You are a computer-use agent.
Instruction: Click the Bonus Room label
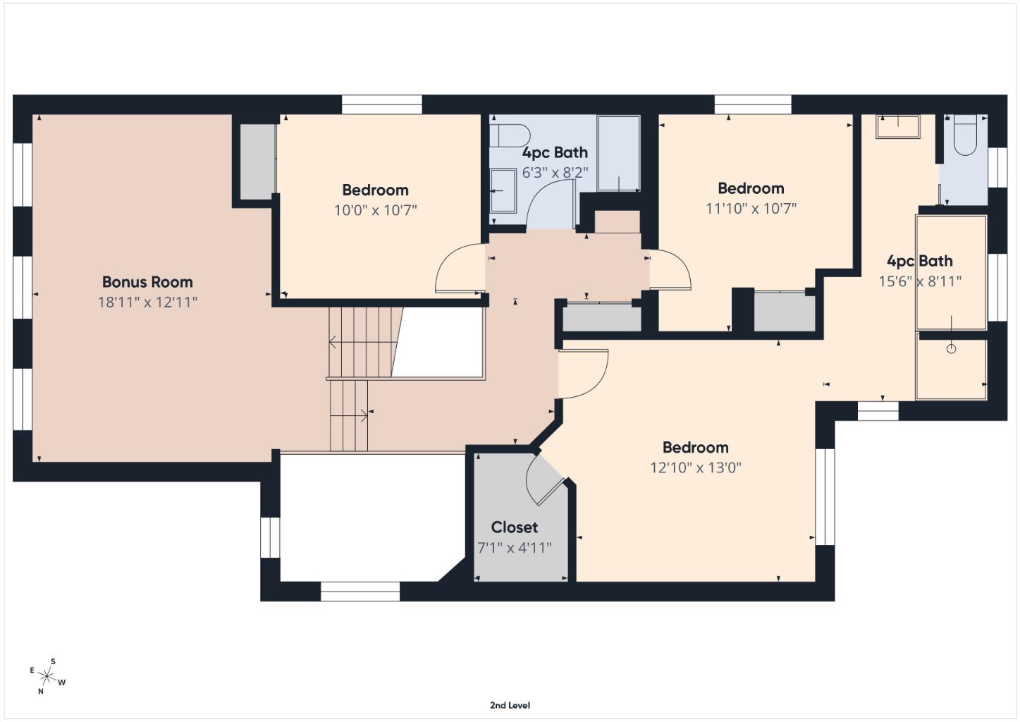pyautogui.click(x=147, y=282)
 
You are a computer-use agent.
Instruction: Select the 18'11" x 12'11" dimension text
pyautogui.click(x=147, y=302)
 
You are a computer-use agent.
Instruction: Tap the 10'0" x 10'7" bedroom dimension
pyautogui.click(x=375, y=210)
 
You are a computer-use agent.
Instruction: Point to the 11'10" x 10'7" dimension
pyautogui.click(x=751, y=209)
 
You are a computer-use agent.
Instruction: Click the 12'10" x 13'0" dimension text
pyautogui.click(x=695, y=467)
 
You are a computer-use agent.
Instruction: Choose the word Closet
pyautogui.click(x=514, y=527)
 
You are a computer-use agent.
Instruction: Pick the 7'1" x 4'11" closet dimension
pyautogui.click(x=514, y=548)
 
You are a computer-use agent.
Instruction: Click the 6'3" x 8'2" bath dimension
pyautogui.click(x=554, y=172)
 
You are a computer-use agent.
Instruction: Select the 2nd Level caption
pyautogui.click(x=510, y=705)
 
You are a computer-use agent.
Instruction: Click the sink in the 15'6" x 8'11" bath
pyautogui.click(x=897, y=127)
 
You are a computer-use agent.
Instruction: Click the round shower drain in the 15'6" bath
pyautogui.click(x=951, y=348)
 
